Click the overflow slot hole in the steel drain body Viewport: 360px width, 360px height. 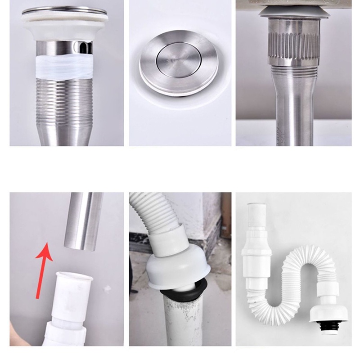[82, 48]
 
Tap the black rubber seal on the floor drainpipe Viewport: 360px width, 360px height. [180, 292]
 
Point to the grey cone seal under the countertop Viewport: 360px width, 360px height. [294, 12]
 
